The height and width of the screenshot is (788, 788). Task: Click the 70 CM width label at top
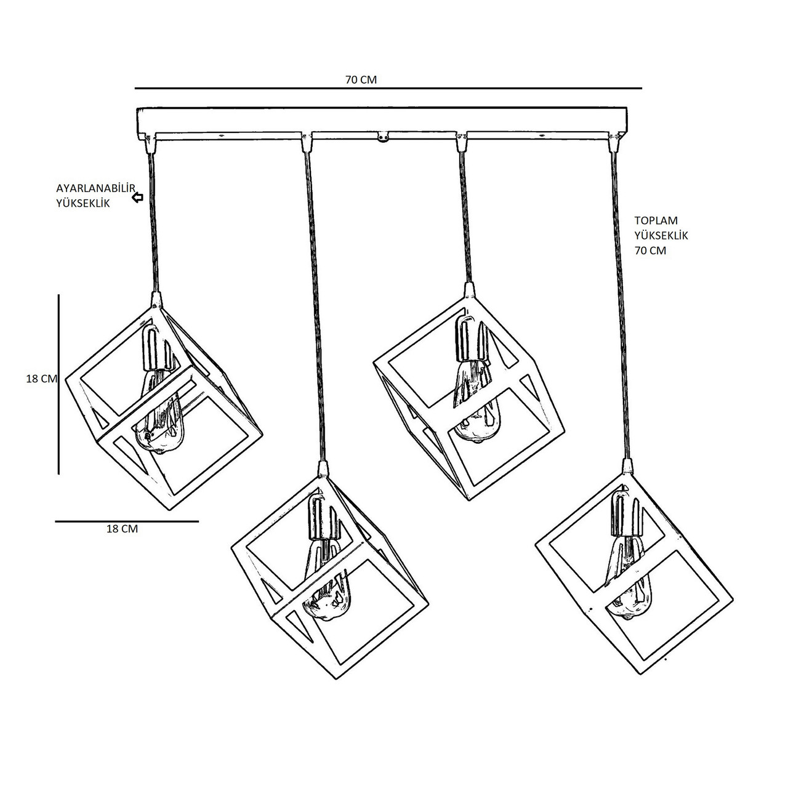pos(361,79)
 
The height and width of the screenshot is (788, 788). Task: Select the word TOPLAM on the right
pos(656,220)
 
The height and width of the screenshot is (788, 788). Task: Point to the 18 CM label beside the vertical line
pos(41,379)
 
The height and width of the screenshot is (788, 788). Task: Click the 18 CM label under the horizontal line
pos(122,529)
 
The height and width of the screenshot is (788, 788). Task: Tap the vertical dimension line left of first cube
pos(58,384)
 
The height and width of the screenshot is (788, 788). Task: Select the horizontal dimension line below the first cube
pos(127,521)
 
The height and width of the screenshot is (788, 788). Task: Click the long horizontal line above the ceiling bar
pos(388,88)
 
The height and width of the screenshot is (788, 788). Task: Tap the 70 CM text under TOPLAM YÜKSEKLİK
pos(650,251)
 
